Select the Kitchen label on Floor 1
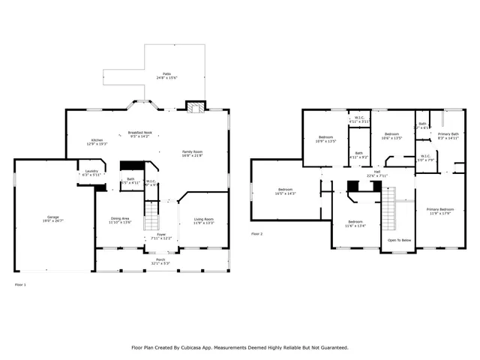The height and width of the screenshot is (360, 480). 97,141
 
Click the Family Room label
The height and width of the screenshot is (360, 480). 193,152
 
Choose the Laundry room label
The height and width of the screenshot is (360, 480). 90,172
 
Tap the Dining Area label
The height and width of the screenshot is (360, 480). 120,219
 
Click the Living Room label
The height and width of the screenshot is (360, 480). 204,219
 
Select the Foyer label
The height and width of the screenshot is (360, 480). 161,235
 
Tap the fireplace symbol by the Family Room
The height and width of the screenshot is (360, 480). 196,107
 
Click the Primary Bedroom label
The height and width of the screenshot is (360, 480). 440,209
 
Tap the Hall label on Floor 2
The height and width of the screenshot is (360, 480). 378,172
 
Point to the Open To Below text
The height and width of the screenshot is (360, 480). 398,240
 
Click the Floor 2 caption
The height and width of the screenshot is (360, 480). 256,234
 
